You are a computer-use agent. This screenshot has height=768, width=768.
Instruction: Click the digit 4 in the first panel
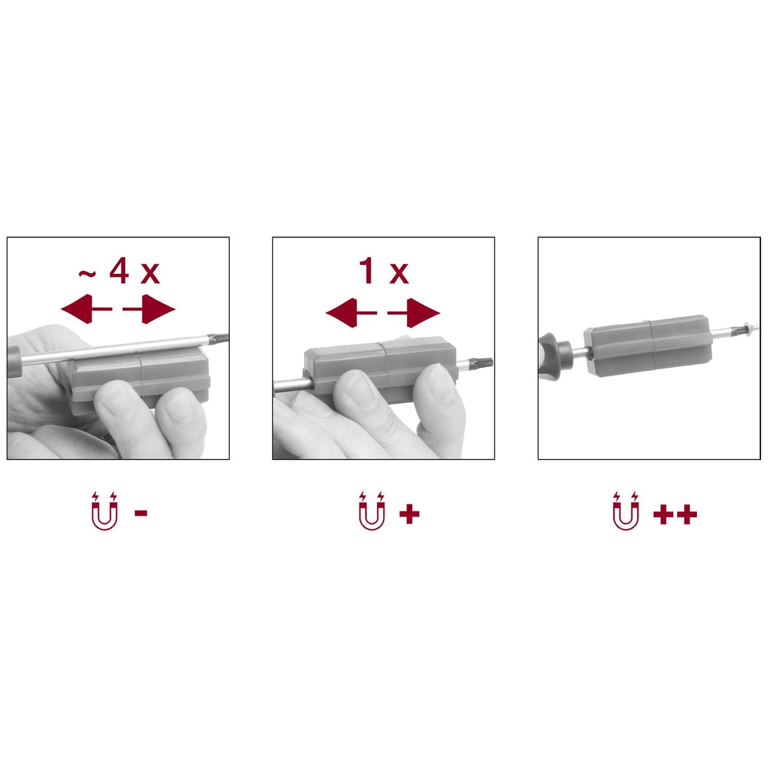(x=119, y=270)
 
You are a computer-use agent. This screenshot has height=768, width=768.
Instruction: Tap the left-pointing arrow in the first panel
(x=86, y=309)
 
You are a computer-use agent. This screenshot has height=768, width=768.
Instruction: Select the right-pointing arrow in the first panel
(x=149, y=309)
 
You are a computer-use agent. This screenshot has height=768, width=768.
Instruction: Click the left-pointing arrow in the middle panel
(x=351, y=313)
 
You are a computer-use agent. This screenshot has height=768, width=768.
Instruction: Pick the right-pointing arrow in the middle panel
(x=414, y=313)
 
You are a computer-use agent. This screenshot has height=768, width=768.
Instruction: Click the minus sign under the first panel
(x=141, y=513)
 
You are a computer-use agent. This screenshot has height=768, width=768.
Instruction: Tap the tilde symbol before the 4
(x=87, y=273)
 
